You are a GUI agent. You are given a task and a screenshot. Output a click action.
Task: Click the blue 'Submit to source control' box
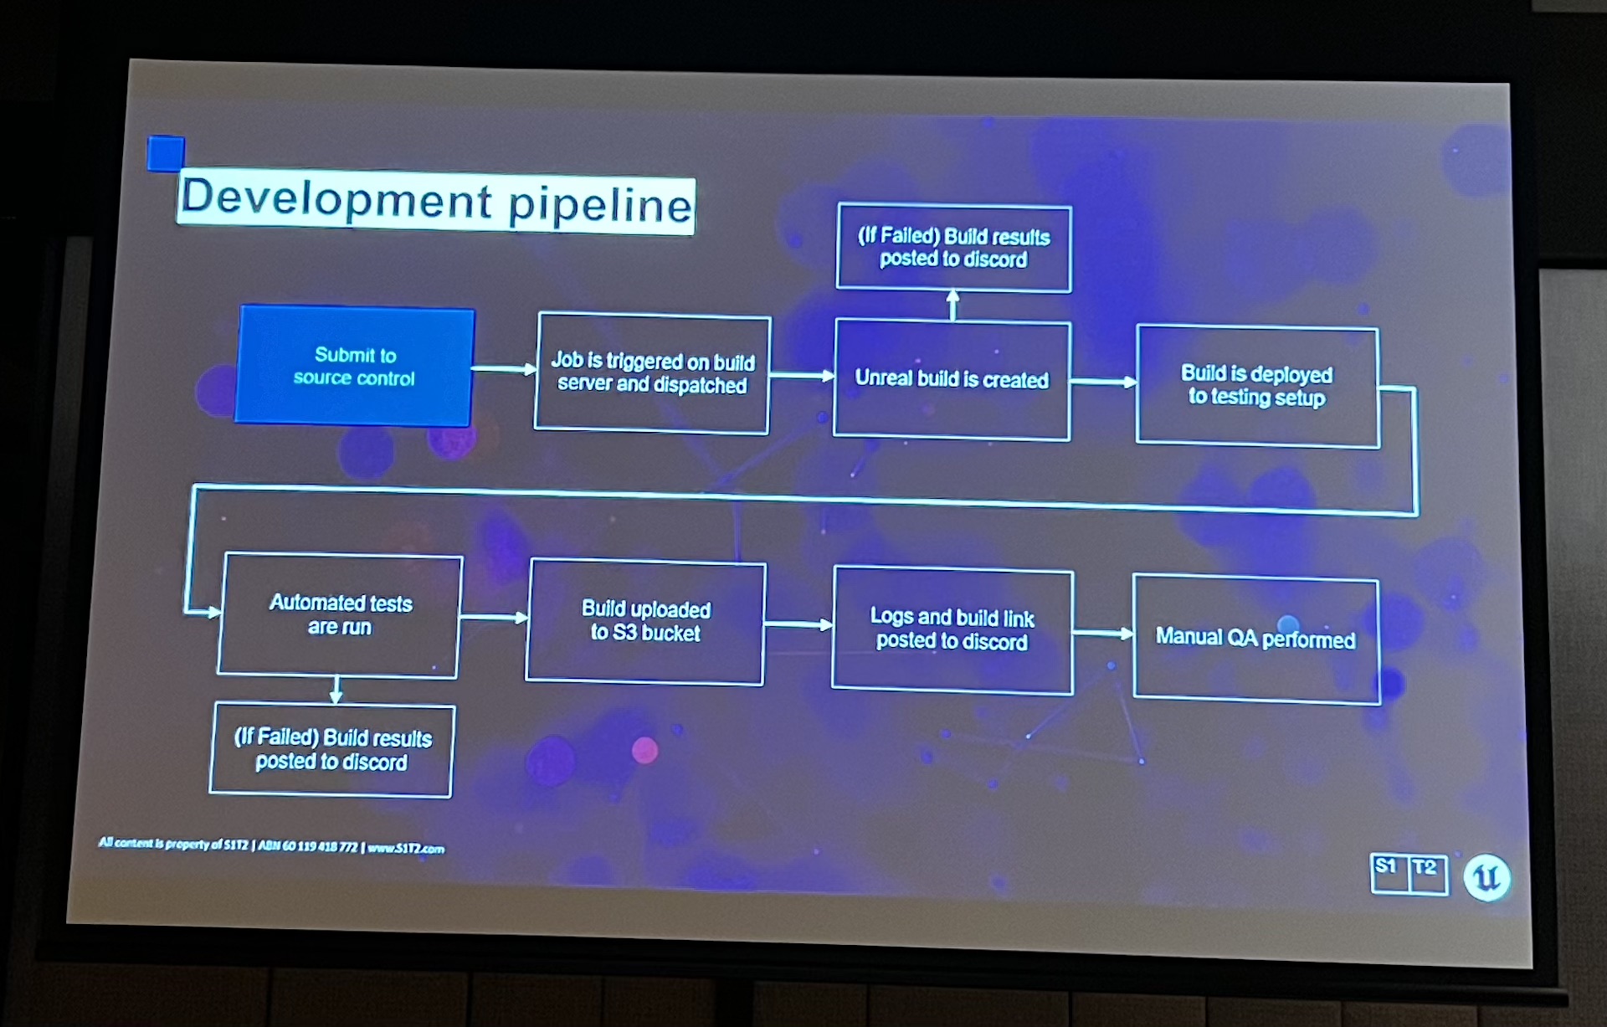(355, 367)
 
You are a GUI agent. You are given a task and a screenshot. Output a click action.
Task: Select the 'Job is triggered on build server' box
(652, 373)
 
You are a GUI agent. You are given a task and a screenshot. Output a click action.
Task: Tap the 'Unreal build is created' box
(952, 379)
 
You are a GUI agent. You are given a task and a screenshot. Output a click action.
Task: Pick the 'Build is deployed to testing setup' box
(1257, 387)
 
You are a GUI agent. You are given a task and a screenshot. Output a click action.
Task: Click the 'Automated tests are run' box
(339, 615)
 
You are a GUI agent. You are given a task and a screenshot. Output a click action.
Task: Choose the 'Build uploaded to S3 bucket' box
(645, 622)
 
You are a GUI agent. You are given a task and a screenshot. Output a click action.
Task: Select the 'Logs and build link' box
(952, 629)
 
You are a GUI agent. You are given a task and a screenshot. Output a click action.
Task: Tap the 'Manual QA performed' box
(1255, 639)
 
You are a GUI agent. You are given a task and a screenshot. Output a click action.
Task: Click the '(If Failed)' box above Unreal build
(953, 248)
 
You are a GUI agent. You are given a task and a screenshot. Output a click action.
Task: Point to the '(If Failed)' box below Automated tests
(331, 750)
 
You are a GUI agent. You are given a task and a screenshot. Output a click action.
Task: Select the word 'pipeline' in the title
(600, 204)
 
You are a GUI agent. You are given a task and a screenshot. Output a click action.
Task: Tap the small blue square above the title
(165, 153)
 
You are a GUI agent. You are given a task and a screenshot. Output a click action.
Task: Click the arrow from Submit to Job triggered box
(504, 368)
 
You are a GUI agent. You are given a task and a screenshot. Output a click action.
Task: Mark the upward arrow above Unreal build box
(952, 305)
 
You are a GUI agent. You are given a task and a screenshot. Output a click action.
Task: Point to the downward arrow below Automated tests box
(336, 690)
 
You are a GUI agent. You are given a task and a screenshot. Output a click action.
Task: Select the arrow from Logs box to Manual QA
(1103, 633)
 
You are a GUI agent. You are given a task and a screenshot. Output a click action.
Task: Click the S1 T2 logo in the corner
(1409, 873)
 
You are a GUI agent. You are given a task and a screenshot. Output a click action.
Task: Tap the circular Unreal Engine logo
(1486, 877)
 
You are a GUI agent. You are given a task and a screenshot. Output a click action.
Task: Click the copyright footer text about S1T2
(271, 845)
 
